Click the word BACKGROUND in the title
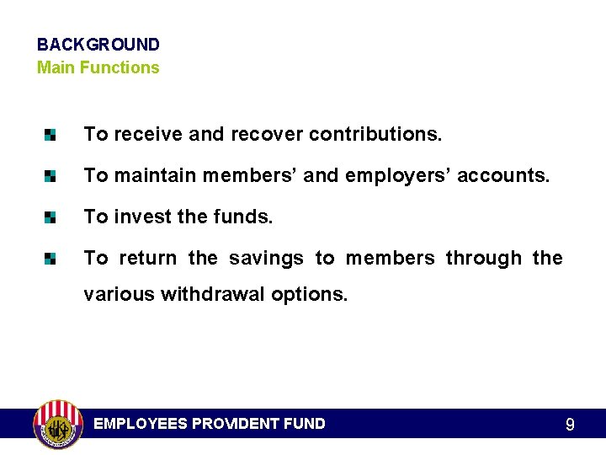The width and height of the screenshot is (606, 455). [x=98, y=45]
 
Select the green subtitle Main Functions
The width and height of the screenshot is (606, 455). [x=98, y=67]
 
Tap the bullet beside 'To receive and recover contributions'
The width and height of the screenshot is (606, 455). [x=51, y=134]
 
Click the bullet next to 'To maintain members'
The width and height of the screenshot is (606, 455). [x=51, y=176]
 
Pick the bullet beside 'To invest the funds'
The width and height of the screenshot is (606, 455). [x=51, y=217]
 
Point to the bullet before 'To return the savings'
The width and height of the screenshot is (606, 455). [x=51, y=259]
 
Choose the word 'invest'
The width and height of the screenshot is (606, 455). [x=141, y=217]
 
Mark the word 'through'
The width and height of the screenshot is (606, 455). [x=483, y=259]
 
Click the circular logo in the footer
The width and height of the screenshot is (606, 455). [x=57, y=424]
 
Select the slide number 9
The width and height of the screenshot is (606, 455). [x=570, y=425]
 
